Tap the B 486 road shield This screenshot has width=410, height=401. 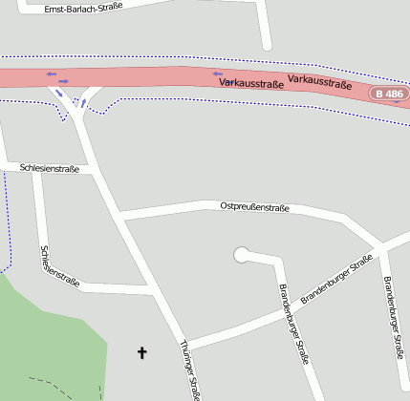tap(391, 94)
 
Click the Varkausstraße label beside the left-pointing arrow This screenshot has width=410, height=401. tap(252, 83)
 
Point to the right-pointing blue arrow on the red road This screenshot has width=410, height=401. tap(64, 81)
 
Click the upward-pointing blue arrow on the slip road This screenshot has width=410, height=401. tap(83, 102)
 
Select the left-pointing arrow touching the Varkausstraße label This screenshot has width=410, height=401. tap(218, 74)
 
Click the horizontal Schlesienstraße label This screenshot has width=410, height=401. tap(50, 168)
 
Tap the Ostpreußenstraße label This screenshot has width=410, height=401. tap(254, 206)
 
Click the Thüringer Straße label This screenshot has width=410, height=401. tap(189, 369)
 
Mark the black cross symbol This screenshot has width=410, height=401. tap(142, 353)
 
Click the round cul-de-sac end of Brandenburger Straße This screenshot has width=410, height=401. tap(241, 255)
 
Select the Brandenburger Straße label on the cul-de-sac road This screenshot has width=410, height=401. tap(293, 325)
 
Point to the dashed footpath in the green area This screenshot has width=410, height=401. tap(53, 384)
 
